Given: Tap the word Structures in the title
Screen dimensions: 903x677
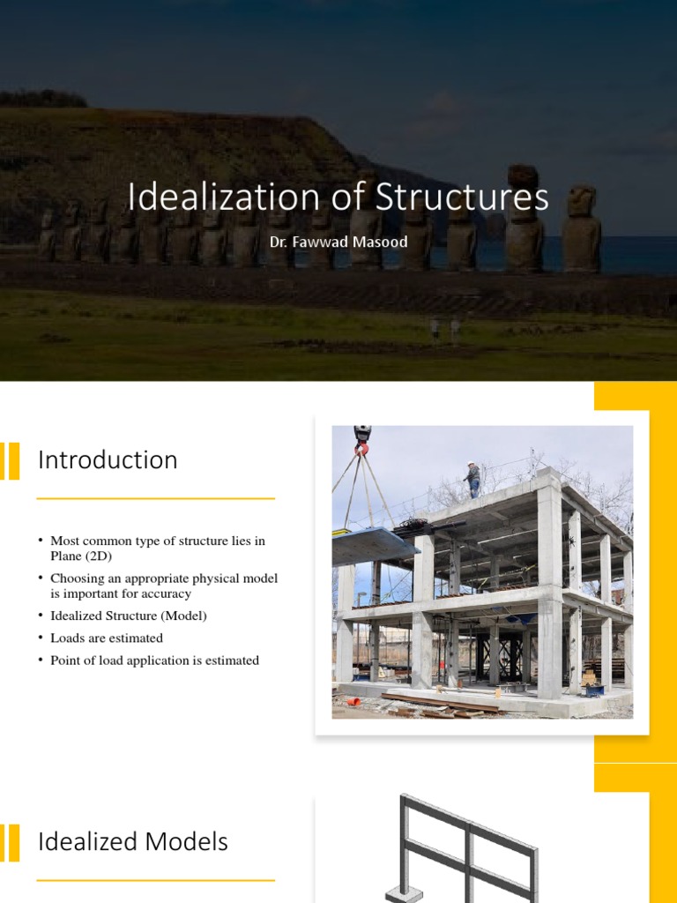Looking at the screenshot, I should pos(463,198).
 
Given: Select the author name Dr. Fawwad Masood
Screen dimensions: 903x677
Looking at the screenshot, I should pos(338,241).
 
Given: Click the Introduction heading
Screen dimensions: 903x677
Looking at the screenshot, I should pos(108,460).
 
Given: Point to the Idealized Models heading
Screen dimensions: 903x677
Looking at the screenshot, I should pos(133,841).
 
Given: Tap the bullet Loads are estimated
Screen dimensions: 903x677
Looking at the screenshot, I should pos(107,638).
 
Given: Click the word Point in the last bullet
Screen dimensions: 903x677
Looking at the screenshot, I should pos(65,660).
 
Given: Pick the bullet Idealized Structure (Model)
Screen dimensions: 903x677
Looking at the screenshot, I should pos(129,616).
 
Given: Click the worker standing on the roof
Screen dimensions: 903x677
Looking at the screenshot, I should pos(473,479).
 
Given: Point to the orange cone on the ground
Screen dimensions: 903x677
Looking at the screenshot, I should pos(353,702).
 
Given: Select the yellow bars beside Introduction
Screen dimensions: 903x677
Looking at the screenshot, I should pos(10,461).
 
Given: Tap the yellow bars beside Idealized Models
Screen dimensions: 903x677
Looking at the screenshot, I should pos(10,842).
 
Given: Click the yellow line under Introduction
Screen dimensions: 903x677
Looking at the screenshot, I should pos(155,498).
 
